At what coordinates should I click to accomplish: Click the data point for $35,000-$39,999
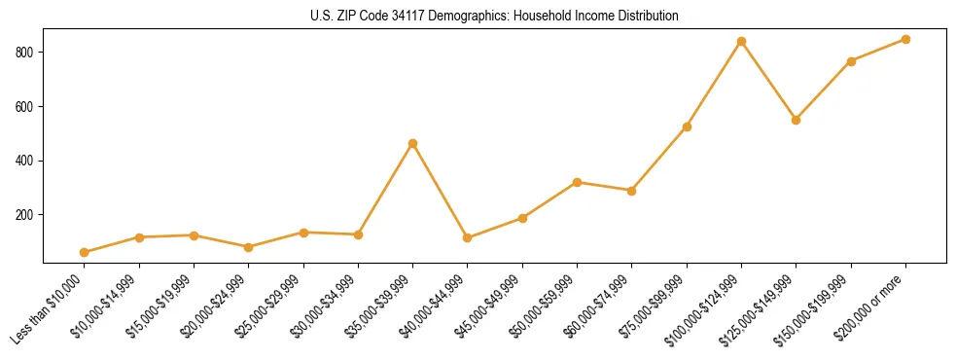click(x=413, y=143)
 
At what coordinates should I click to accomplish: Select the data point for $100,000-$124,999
click(x=742, y=42)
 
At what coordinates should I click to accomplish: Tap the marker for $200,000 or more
click(x=905, y=39)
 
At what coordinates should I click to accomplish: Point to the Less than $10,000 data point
click(x=85, y=252)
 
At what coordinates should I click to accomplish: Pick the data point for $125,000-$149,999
click(x=797, y=120)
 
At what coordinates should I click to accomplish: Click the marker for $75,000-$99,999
click(x=687, y=126)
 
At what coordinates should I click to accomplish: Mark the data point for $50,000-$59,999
click(x=578, y=182)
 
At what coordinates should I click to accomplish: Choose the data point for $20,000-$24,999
click(x=249, y=247)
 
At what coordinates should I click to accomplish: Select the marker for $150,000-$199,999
click(x=851, y=61)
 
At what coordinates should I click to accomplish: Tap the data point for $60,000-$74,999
click(x=632, y=191)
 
